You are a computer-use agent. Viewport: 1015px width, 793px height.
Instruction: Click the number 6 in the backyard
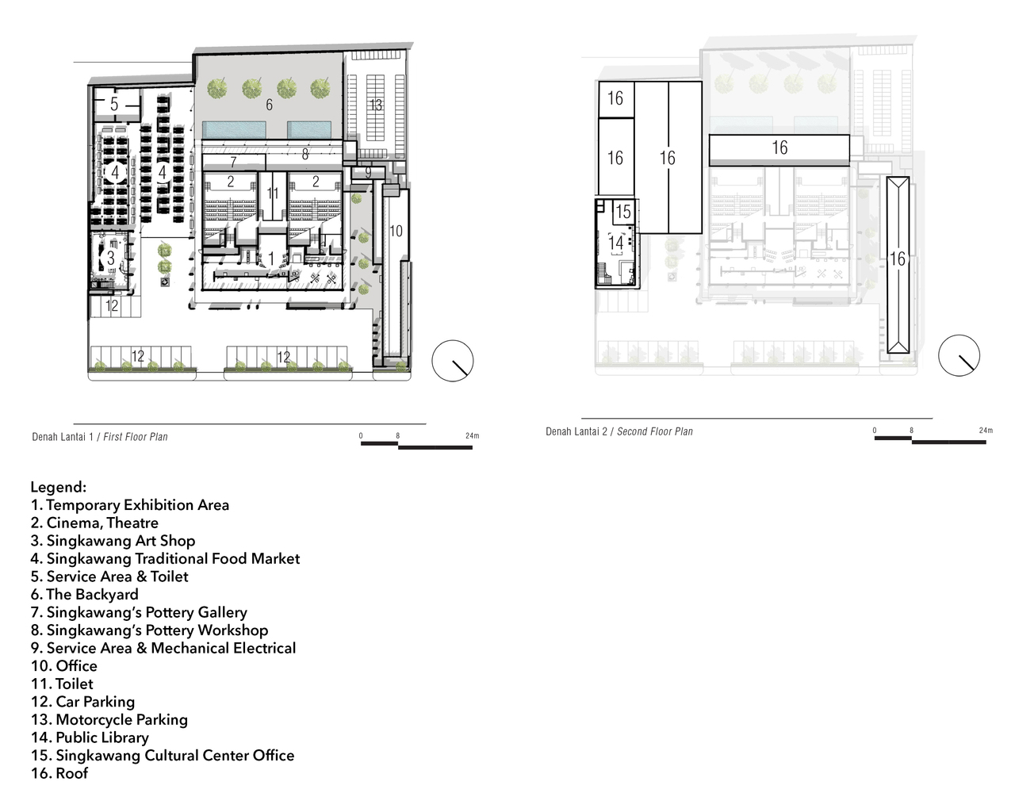pyautogui.click(x=269, y=105)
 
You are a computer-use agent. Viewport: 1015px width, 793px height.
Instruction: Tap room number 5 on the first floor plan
pyautogui.click(x=114, y=105)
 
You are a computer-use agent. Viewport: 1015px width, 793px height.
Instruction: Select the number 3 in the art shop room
pyautogui.click(x=111, y=258)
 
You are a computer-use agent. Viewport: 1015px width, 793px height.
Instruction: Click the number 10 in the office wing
pyautogui.click(x=396, y=231)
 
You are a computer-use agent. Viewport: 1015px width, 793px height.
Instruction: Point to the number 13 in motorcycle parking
pyautogui.click(x=376, y=105)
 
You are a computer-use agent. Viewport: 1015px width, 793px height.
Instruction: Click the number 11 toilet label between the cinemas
pyautogui.click(x=273, y=193)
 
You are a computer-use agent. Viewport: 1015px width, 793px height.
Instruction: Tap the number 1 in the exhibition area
pyautogui.click(x=271, y=259)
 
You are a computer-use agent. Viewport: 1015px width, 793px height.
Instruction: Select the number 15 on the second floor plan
pyautogui.click(x=623, y=212)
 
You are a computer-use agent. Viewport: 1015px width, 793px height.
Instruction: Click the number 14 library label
pyautogui.click(x=616, y=243)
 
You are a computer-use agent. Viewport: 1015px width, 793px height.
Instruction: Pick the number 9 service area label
pyautogui.click(x=368, y=172)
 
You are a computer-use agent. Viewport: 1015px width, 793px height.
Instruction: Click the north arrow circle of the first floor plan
pyautogui.click(x=453, y=361)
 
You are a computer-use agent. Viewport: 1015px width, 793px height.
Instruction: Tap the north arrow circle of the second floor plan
pyautogui.click(x=959, y=354)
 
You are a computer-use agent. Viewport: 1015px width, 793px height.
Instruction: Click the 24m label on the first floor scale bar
pyautogui.click(x=472, y=436)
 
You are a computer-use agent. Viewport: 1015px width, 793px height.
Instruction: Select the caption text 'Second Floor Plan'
pyautogui.click(x=655, y=431)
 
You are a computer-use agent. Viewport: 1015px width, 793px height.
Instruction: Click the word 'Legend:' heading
pyautogui.click(x=59, y=487)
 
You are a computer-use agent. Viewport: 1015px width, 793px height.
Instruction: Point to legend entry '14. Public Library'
pyautogui.click(x=90, y=737)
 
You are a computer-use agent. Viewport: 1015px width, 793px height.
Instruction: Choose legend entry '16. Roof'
pyautogui.click(x=59, y=773)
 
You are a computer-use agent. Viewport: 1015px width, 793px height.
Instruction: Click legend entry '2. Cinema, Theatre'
pyautogui.click(x=94, y=523)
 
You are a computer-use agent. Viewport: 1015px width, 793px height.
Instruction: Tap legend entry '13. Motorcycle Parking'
pyautogui.click(x=109, y=719)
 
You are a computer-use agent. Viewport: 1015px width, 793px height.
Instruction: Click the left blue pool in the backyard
pyautogui.click(x=234, y=128)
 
